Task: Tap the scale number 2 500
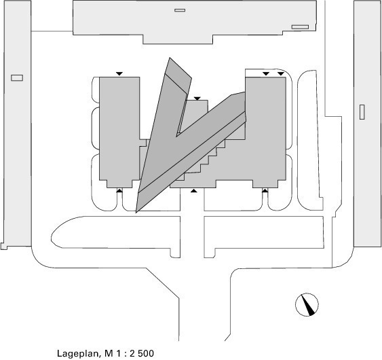coord(142,353)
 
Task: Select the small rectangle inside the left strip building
coord(17,78)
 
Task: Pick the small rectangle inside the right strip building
coord(362,112)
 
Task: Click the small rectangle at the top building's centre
coord(180,10)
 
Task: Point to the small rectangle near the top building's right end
coord(300,26)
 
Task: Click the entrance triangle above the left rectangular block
coord(119,73)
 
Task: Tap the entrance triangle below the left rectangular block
coord(119,190)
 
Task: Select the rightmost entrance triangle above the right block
coord(281,73)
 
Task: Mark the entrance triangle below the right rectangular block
coord(265,190)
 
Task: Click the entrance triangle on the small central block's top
coord(197,98)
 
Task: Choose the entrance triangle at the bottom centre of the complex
coord(193,191)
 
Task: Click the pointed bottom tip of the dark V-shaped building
coord(136,212)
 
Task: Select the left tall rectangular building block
coord(119,132)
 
